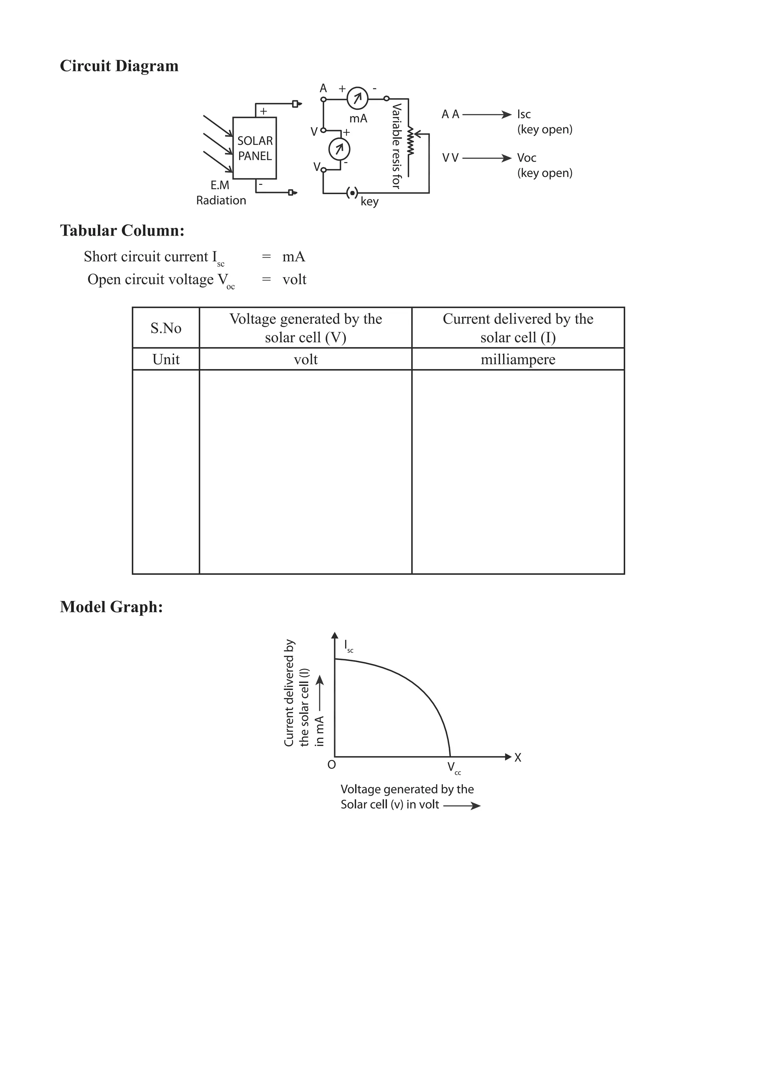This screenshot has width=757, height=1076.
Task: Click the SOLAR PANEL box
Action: [254, 148]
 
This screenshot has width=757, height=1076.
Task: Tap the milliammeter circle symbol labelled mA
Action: [357, 98]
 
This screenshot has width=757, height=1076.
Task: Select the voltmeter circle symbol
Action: [339, 149]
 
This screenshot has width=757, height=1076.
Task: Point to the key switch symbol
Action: [352, 193]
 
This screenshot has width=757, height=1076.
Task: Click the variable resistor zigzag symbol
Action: [411, 141]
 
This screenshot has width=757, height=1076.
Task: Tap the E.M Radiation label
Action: [221, 193]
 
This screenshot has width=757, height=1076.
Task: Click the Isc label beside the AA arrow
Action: [524, 114]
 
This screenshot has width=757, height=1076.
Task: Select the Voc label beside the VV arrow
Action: [526, 158]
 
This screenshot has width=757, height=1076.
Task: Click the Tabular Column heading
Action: [122, 231]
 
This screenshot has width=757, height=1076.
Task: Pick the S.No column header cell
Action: [166, 328]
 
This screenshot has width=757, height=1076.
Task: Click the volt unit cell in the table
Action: [305, 359]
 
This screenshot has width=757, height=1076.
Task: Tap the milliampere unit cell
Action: [517, 359]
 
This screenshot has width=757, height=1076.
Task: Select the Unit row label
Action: [166, 359]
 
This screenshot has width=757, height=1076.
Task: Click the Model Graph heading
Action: [112, 607]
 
